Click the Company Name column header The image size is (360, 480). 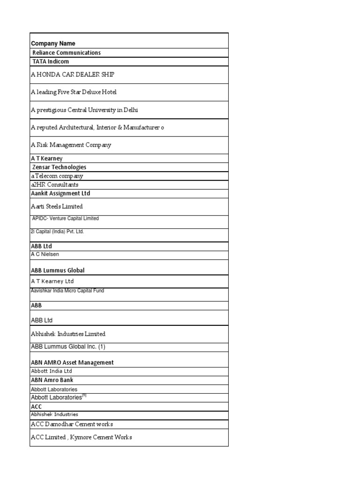click(x=53, y=44)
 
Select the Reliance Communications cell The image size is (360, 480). click(x=66, y=53)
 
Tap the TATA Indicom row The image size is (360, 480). click(x=51, y=61)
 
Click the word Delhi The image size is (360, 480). click(x=131, y=110)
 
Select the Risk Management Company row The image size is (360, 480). click(x=71, y=145)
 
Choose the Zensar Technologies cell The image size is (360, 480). click(x=59, y=167)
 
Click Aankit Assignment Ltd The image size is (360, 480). click(x=60, y=193)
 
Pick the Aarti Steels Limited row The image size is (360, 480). click(x=56, y=206)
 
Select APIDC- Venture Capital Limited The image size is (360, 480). click(x=65, y=218)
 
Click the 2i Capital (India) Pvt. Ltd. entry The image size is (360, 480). click(x=57, y=232)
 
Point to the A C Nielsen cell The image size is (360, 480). click(x=45, y=254)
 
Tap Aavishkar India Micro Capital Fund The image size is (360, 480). click(x=67, y=291)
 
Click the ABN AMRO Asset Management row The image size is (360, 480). click(x=72, y=362)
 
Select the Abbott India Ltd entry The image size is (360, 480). click(x=52, y=371)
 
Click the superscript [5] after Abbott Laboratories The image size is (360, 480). click(x=84, y=396)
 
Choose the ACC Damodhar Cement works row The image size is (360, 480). click(x=72, y=424)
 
